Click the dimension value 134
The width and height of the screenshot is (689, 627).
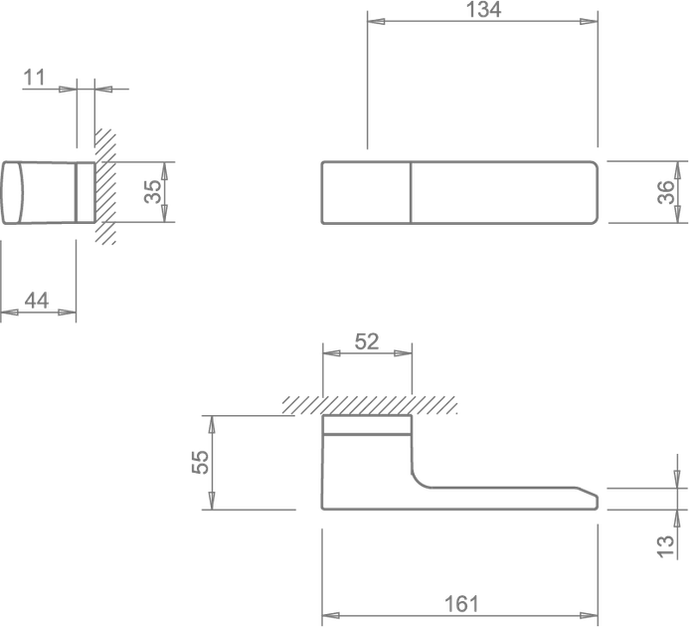[x=483, y=10]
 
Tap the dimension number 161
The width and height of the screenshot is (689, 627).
[x=461, y=604]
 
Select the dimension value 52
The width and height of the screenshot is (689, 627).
[x=367, y=341]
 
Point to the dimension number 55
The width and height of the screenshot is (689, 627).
[x=201, y=462]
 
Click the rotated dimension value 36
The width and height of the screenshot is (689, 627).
[x=666, y=192]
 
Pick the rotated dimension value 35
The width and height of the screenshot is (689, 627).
[x=153, y=192]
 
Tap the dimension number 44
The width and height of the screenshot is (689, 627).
[x=37, y=301]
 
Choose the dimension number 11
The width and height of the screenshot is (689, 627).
[x=34, y=78]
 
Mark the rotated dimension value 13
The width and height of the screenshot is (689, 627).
[x=666, y=547]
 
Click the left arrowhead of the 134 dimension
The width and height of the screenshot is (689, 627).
[x=376, y=21]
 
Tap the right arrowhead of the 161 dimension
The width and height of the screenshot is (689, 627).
[x=590, y=615]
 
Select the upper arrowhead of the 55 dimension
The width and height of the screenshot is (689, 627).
[x=212, y=425]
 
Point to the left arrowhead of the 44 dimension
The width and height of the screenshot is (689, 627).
[x=10, y=313]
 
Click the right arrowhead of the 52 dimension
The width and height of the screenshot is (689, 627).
[x=403, y=353]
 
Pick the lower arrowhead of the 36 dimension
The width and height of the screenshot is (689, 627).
[x=678, y=214]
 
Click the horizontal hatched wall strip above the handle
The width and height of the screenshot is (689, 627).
[x=369, y=405]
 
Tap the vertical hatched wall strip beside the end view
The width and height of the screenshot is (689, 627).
[x=105, y=186]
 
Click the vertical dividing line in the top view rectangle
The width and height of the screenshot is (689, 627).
[x=411, y=193]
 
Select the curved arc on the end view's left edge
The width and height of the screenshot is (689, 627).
[x=21, y=193]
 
